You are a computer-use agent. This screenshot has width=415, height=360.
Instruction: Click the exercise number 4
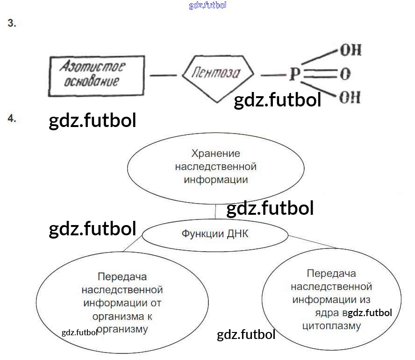coord(12,119)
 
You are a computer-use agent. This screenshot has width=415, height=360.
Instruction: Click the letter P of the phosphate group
coord(293,74)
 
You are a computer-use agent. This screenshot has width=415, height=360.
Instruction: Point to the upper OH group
coord(351,50)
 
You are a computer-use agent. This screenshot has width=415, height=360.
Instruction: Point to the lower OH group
coord(351,98)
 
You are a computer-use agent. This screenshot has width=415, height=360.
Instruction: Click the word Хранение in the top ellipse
coord(215,153)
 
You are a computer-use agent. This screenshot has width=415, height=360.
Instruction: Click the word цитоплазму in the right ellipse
coord(332,325)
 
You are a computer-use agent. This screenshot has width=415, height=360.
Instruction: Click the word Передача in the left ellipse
coord(122,277)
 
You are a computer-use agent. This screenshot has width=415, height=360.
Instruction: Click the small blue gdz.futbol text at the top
coord(207,6)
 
